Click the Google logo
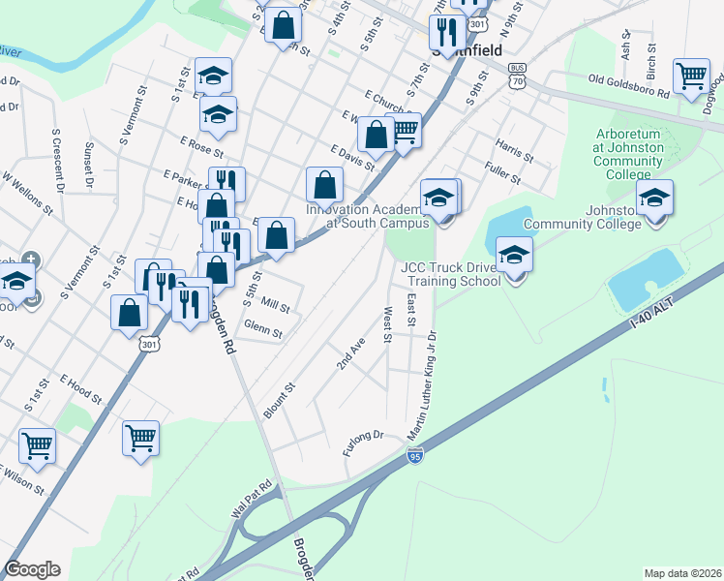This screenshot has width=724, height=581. click(33, 569)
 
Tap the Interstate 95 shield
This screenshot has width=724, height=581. click(414, 456)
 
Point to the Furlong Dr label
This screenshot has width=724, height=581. click(363, 444)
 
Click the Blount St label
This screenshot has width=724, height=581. click(278, 399)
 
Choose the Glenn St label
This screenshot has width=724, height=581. click(262, 330)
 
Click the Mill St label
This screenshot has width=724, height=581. click(276, 305)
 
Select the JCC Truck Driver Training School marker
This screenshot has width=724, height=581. click(515, 256)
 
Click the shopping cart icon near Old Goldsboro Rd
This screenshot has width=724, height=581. click(691, 76)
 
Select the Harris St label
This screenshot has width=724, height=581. click(513, 149)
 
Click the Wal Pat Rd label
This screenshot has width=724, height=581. click(248, 505)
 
